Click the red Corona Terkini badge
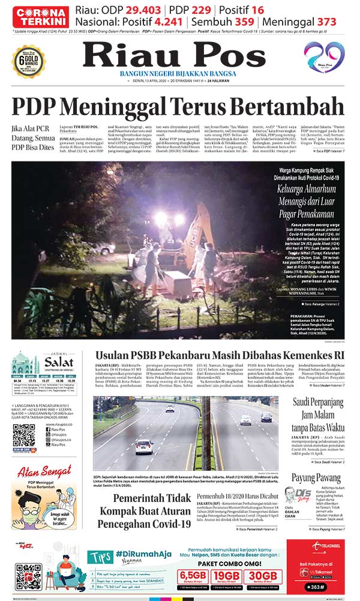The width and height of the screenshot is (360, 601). pos(38,16)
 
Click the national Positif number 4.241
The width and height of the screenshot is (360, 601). pos(167,22)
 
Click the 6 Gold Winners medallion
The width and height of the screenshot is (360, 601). pos(28,61)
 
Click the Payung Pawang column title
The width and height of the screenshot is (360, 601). pos(316,479)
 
